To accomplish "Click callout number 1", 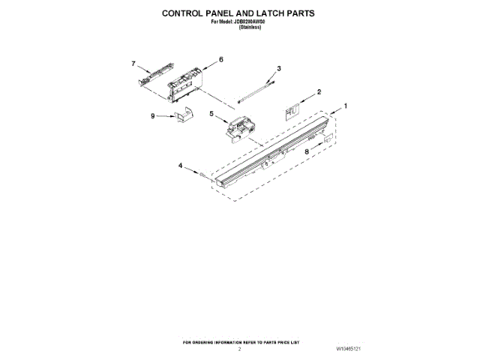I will click(x=346, y=106).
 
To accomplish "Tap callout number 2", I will click(x=319, y=92).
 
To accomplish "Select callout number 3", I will click(x=278, y=69).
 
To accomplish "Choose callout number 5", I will click(x=211, y=113).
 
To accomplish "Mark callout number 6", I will click(x=221, y=58).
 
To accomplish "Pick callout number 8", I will click(x=307, y=151).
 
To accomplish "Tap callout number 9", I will click(x=152, y=116).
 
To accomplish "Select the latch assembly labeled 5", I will click(x=239, y=127).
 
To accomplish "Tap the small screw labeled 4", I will click(x=202, y=173).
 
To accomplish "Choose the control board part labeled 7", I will click(x=150, y=76).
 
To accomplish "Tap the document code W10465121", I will click(x=348, y=349).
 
